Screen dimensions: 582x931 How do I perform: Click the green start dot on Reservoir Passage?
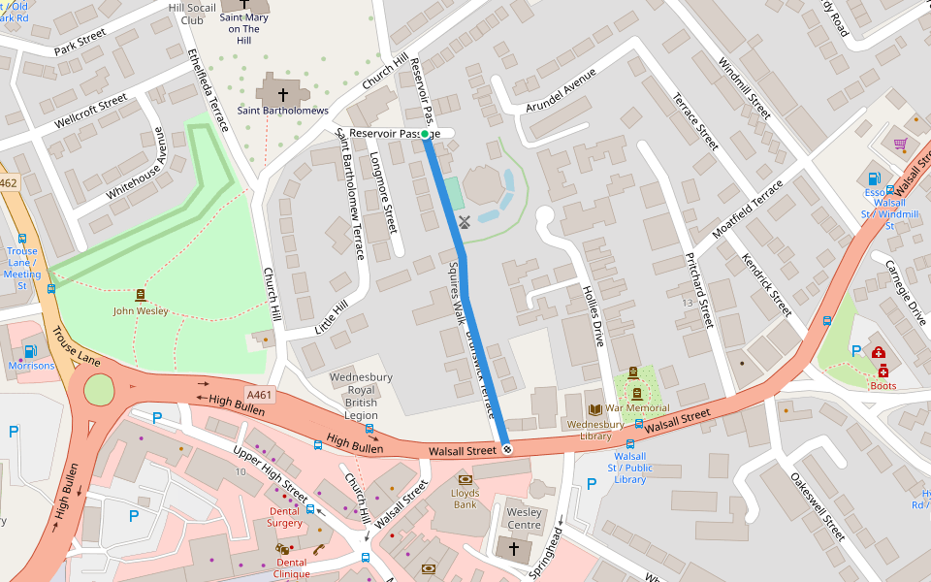click(x=426, y=134)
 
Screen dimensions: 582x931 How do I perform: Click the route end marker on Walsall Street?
click(x=506, y=448)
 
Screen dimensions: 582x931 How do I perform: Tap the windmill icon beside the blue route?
click(x=464, y=221)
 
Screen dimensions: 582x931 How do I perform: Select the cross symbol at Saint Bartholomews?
click(x=283, y=95)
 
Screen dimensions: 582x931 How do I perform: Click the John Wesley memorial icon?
click(x=141, y=295)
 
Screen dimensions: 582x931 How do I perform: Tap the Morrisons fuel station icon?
click(x=30, y=351)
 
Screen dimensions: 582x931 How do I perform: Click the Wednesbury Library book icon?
click(x=596, y=410)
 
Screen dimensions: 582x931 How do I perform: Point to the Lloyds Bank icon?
click(x=465, y=479)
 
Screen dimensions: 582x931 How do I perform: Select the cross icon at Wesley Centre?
click(x=514, y=549)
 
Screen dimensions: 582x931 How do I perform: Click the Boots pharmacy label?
click(x=883, y=385)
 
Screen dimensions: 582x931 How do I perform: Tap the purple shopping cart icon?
click(x=900, y=145)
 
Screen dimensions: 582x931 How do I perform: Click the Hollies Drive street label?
click(x=593, y=315)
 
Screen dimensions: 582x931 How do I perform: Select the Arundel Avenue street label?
click(x=561, y=94)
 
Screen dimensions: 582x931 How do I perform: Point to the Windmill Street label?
click(x=744, y=87)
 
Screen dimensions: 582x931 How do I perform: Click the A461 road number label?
click(x=259, y=395)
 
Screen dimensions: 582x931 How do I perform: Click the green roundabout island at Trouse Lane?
click(x=99, y=391)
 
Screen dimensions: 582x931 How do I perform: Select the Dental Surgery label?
click(x=285, y=516)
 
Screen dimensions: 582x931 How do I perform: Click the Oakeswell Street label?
click(x=817, y=506)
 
